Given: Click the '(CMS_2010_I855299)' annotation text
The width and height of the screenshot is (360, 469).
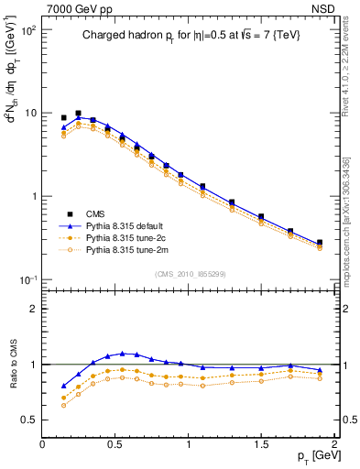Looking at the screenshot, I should pyautogui.click(x=189, y=273).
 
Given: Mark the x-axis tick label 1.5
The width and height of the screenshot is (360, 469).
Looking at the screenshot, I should pyautogui.click(x=261, y=444).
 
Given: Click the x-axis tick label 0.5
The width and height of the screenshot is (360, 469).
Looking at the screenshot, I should pyautogui.click(x=115, y=444).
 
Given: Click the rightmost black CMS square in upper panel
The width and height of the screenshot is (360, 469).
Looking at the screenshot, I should pyautogui.click(x=320, y=243).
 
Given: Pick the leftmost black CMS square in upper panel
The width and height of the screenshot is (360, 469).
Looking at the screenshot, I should pyautogui.click(x=63, y=118).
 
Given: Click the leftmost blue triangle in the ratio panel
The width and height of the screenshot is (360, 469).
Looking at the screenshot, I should pyautogui.click(x=63, y=386).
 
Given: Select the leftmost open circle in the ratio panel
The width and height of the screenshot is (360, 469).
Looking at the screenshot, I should pyautogui.click(x=63, y=405).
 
